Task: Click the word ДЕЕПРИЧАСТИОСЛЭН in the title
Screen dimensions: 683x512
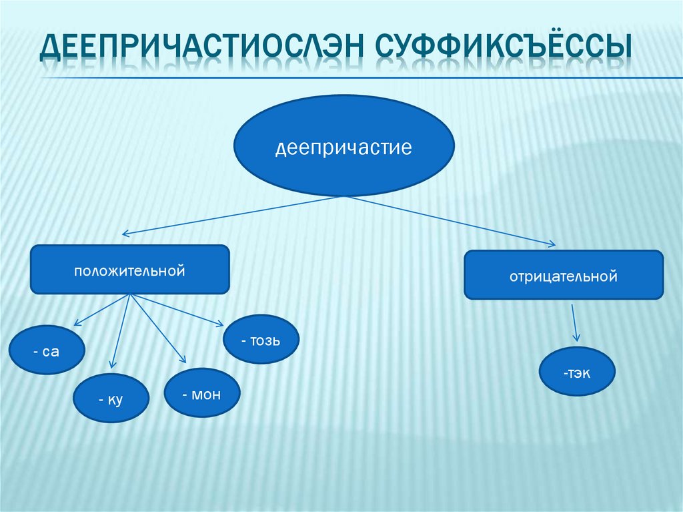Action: (x=201, y=49)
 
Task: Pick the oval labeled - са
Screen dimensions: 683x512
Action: (x=46, y=350)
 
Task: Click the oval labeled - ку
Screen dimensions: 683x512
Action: (x=111, y=399)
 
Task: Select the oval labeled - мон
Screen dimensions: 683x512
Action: (x=201, y=393)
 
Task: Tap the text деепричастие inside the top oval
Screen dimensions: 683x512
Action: (x=343, y=147)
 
